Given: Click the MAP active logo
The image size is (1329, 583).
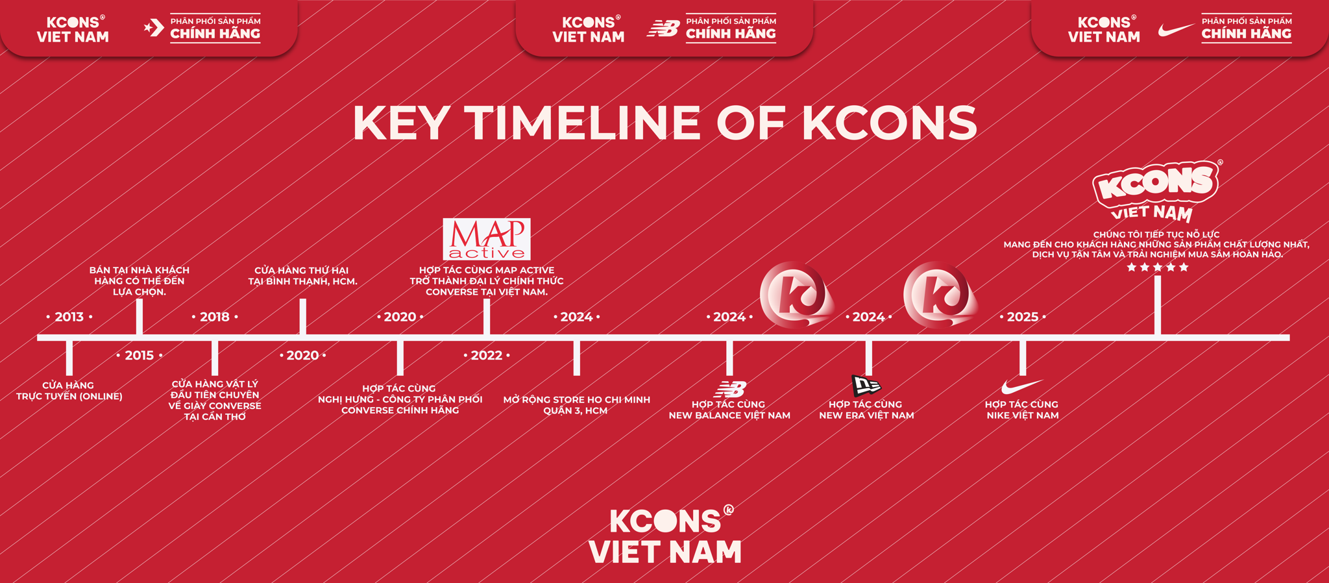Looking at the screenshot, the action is coord(487,239).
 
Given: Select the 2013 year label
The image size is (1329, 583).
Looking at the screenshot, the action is coord(69,317).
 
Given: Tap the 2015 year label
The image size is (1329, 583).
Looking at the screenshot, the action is coord(140,355).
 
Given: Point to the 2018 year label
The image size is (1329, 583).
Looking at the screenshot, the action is coord(215,317).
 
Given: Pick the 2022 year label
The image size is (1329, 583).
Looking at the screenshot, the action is coord(487,355).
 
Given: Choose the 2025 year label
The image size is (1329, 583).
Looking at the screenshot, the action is coord(1023,317).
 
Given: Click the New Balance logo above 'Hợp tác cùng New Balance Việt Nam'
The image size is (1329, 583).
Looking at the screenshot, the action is coord(730,389).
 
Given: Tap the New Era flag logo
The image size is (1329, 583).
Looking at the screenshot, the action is coord(866,385).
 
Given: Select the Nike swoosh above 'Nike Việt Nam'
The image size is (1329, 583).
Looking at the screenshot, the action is coord(1021,387).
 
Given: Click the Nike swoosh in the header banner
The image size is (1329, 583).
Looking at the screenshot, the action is coord(1176,30).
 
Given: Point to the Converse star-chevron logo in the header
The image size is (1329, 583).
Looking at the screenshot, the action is coord(154,28).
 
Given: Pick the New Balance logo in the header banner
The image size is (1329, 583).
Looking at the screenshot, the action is coord(663,29).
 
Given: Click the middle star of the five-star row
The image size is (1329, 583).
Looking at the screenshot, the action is coord(1158,267).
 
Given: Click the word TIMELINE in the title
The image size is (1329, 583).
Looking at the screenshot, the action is coord(583,123).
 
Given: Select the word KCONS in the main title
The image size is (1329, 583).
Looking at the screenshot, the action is coord(890,123).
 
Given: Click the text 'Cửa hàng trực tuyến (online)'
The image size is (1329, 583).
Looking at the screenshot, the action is coord(69,391).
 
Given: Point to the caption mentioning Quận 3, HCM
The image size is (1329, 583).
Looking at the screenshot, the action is coord(576,405).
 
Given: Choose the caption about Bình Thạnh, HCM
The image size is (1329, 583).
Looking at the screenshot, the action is coord(302,276).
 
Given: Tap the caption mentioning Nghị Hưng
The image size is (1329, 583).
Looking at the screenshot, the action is coord(400,399).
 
